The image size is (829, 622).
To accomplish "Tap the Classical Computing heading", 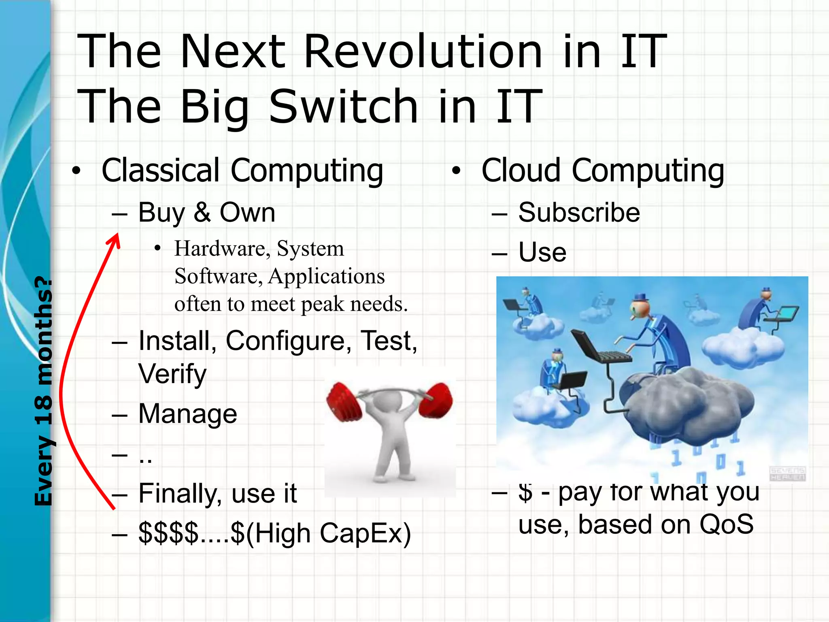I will (x=242, y=170).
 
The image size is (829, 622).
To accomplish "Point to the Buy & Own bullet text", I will (x=206, y=212).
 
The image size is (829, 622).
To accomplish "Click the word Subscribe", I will (x=579, y=212).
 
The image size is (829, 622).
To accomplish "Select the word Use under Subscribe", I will (x=542, y=252).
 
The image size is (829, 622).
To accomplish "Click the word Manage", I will (x=187, y=414).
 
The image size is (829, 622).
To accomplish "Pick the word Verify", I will (x=172, y=374).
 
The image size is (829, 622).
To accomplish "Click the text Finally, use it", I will (x=217, y=493).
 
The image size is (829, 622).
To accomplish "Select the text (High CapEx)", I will (x=328, y=533).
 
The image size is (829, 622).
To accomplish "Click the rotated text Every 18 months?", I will (x=44, y=390).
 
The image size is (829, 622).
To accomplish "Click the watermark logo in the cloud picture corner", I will (x=787, y=474).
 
